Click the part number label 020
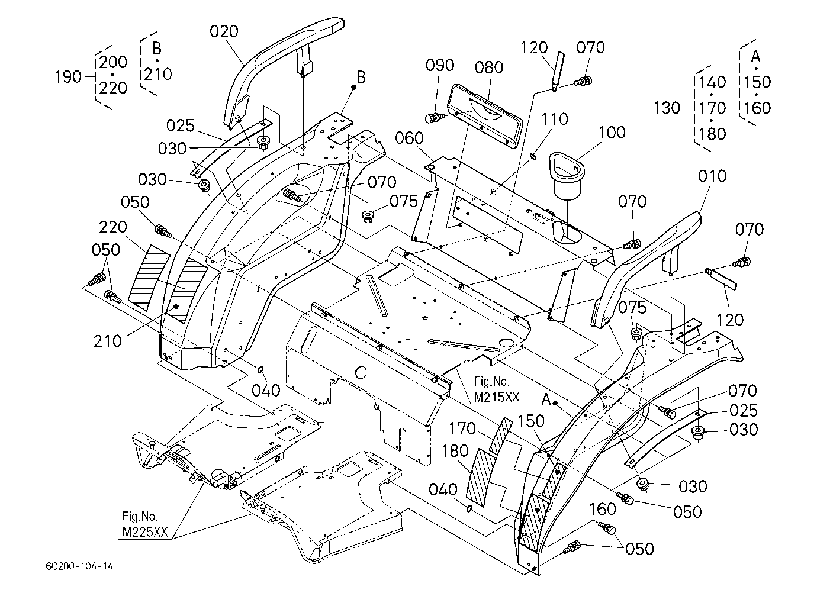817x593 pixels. tap(224, 32)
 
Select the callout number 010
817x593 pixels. tap(712, 176)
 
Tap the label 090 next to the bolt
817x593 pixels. tap(440, 65)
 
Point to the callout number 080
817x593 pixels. tap(489, 67)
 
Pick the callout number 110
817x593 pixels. tap(554, 120)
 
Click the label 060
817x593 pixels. tap(409, 138)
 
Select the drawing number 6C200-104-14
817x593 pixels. tap(79, 566)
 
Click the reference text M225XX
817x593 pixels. tap(145, 532)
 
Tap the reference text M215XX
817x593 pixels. tap(496, 397)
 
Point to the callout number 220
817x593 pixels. tap(113, 228)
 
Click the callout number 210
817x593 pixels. tap(108, 341)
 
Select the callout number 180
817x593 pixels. tap(455, 451)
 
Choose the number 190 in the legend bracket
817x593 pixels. tap(68, 77)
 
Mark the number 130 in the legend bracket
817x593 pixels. tap(667, 108)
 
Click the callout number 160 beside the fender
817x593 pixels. tap(602, 509)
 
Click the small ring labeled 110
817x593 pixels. tap(532, 156)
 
